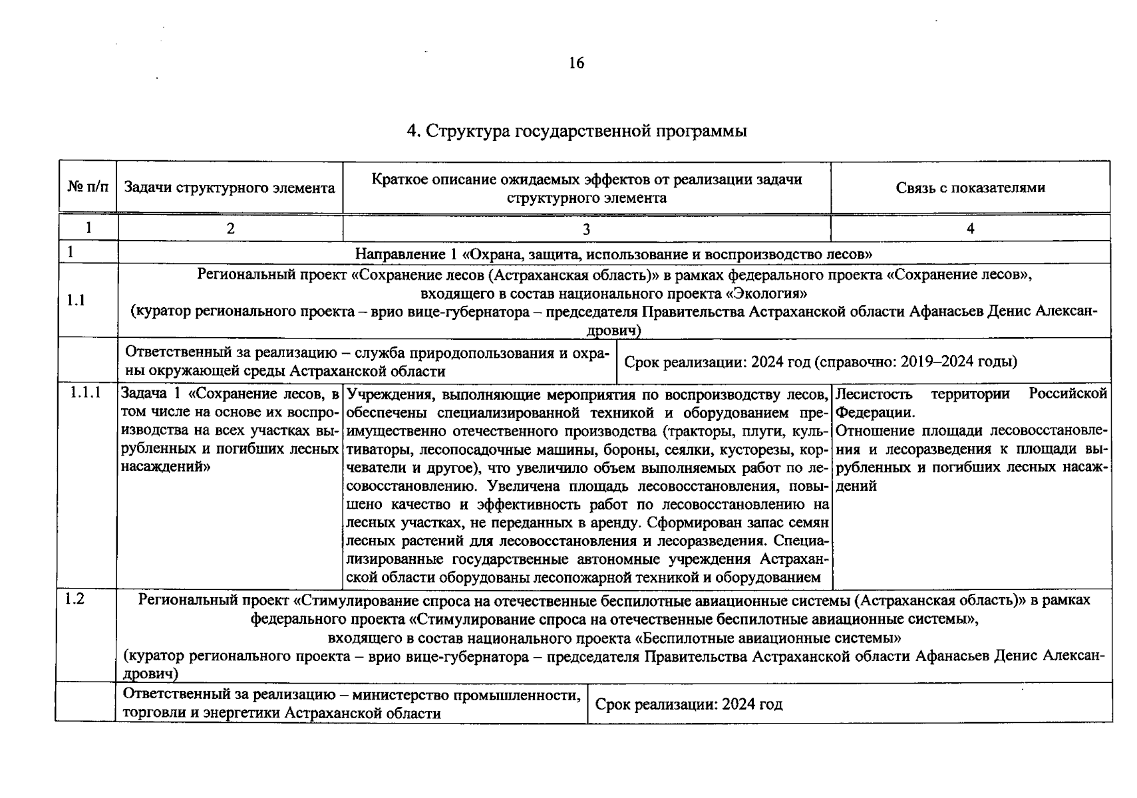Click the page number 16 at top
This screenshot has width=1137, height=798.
576,63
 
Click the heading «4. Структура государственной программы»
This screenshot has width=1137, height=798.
576,131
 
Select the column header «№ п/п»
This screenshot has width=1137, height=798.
88,187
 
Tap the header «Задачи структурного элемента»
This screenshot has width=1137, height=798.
230,188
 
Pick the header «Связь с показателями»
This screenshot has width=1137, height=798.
970,188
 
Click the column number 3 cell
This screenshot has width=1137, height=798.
586,229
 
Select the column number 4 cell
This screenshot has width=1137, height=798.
970,229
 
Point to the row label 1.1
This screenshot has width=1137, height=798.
77,301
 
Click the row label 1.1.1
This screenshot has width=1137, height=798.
86,393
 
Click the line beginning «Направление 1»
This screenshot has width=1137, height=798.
613,253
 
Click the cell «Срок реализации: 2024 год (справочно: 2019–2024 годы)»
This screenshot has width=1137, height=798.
820,362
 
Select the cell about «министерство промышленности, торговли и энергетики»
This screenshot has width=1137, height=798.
351,704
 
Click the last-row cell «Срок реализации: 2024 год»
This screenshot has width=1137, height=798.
689,704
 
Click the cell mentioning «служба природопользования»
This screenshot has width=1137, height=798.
367,362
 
